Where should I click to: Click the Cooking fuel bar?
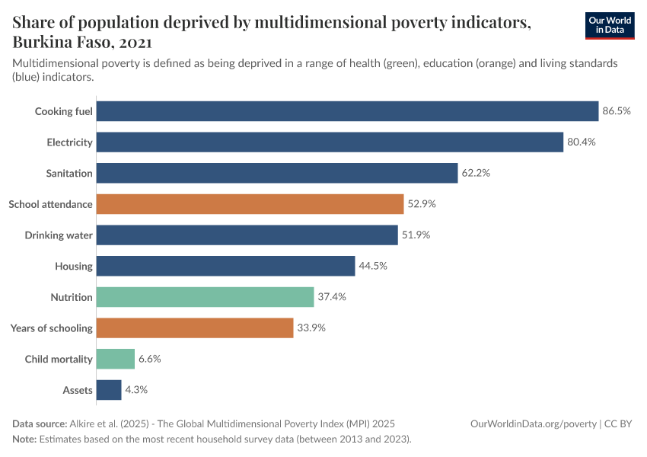[348, 111]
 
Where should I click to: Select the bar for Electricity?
[330, 142]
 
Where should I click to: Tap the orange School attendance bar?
[250, 204]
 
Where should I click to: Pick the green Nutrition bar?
[206, 297]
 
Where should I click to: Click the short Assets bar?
[109, 390]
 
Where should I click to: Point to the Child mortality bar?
[116, 359]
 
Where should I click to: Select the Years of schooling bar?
[195, 328]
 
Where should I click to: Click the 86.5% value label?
[617, 111]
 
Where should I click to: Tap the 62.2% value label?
[476, 173]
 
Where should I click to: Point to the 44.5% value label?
[373, 266]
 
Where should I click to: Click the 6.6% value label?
[149, 359]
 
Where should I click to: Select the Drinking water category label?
[59, 235]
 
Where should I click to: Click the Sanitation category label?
[69, 173]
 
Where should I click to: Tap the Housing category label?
[74, 266]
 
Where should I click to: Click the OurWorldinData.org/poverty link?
[533, 423]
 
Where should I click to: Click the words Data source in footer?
[40, 423]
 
